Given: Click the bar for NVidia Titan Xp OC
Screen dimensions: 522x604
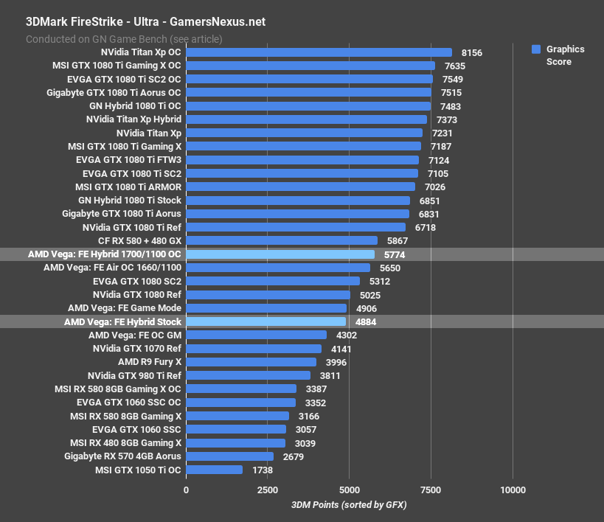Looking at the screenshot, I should [319, 52].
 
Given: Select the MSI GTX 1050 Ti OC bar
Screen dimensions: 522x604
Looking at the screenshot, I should [214, 470].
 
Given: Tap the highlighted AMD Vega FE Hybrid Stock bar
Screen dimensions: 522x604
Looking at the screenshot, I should [265, 321].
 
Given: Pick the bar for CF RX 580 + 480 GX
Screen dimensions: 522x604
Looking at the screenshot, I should [282, 240].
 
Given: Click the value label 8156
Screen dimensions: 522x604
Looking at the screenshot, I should [472, 52].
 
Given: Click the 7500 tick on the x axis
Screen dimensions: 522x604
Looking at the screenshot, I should [431, 490].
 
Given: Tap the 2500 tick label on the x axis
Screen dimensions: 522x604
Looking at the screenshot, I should [268, 490].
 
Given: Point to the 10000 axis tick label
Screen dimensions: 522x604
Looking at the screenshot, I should [513, 490].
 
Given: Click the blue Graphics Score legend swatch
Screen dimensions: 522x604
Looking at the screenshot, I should [536, 49].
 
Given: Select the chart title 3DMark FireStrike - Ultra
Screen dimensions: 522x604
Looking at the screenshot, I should [145, 22].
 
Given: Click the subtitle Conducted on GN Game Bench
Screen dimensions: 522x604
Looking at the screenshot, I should [124, 39].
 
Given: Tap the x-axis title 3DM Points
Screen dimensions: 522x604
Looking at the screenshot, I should [349, 505].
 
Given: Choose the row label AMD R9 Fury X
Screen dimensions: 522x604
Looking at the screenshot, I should [149, 362].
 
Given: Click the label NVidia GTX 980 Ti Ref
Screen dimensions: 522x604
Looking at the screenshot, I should [133, 375].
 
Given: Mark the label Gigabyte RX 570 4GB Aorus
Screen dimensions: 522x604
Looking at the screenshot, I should [122, 456].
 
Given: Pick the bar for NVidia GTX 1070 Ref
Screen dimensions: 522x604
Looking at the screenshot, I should [254, 348].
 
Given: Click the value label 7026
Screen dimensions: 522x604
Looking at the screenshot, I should [435, 187].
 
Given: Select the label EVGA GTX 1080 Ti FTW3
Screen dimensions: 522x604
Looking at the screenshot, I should [128, 159].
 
